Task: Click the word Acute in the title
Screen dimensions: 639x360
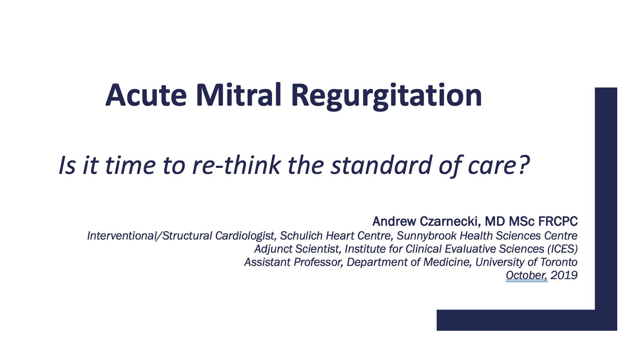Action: pyautogui.click(x=146, y=95)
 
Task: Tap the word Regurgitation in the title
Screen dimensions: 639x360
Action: pyautogui.click(x=386, y=96)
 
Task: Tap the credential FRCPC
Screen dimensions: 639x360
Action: pyautogui.click(x=558, y=221)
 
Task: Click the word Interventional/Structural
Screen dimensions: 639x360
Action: pyautogui.click(x=150, y=236)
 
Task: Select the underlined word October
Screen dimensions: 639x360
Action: pyautogui.click(x=527, y=275)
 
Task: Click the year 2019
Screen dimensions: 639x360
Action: pyautogui.click(x=564, y=275)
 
